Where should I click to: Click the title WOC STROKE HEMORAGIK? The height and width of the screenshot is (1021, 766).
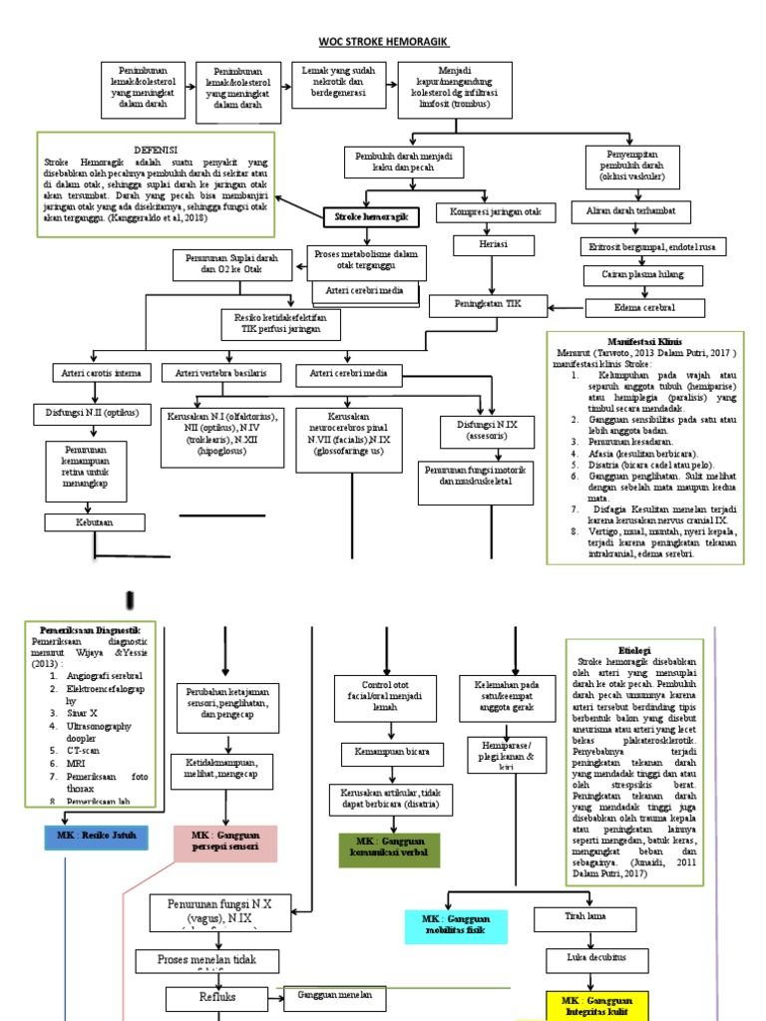coord(383,42)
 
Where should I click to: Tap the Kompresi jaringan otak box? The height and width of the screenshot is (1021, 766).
coord(496,213)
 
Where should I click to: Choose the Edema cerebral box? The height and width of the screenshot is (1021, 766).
coord(644,307)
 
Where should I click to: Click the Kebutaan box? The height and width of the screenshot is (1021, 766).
coord(95,522)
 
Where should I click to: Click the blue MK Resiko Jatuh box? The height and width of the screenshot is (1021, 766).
coord(96,834)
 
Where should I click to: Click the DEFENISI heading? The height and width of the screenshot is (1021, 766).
coord(156,148)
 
